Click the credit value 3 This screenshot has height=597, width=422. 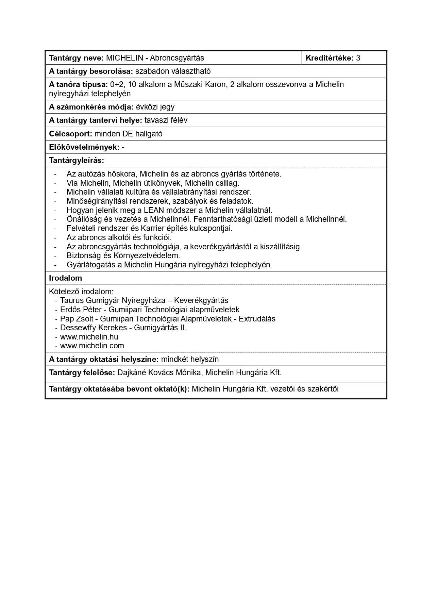coord(358,58)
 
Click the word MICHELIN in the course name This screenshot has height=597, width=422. coord(124,58)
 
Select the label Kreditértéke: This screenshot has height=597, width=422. coord(330,58)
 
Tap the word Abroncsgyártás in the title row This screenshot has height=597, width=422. coord(177,58)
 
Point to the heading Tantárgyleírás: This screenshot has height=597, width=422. coord(77,160)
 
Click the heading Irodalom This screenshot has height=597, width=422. coord(65,278)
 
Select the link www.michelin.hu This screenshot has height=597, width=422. coord(89,337)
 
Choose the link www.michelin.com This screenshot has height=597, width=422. coord(92,346)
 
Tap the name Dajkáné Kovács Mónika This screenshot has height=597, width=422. coord(159,372)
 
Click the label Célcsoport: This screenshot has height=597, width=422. coord(70,134)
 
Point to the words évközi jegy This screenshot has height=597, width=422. coord(155,107)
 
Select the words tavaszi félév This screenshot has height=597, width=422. coord(166,120)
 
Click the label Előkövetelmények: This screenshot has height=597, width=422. coord(84,147)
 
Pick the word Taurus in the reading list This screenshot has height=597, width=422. coord(72,300)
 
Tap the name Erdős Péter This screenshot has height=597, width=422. coord(81,310)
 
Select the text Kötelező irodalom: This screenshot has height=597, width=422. coord(81,292)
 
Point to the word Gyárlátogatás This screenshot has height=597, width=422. coord(91,265)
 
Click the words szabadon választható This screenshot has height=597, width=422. coord(173,71)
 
